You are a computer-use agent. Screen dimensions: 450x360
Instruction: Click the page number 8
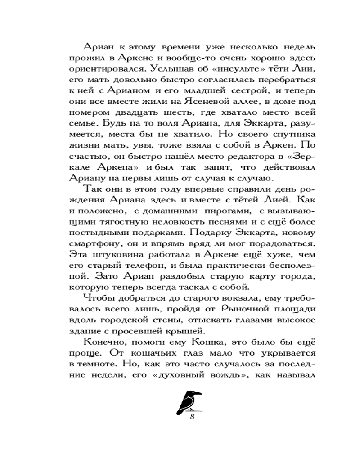192,416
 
